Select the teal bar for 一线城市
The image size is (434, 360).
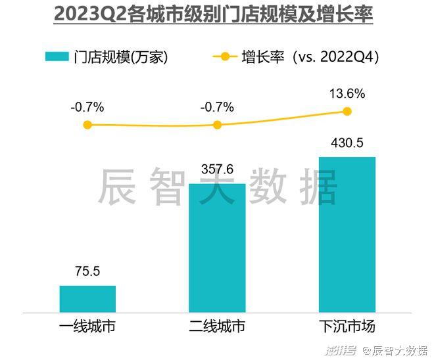[x=87, y=299]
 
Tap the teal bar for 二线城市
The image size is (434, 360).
[x=217, y=248]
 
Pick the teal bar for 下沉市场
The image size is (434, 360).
[x=347, y=235]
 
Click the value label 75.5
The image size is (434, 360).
[x=87, y=271]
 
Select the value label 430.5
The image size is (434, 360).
[x=347, y=143]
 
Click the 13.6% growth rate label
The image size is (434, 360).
[x=347, y=94]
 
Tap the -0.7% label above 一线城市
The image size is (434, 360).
[x=87, y=107]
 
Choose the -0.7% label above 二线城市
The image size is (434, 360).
[x=217, y=107]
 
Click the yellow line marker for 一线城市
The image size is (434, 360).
[x=87, y=124]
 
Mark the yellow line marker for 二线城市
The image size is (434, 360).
[x=217, y=124]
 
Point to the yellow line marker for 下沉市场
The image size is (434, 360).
[x=347, y=111]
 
